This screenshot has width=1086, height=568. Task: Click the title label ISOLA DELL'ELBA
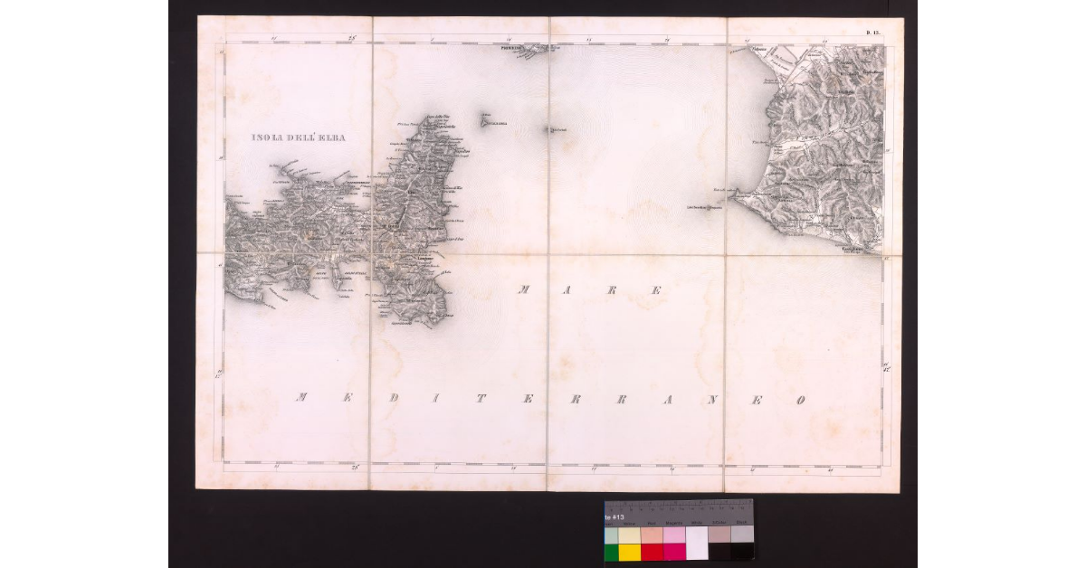(x=299, y=138)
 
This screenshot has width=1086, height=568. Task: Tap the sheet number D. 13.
(x=874, y=33)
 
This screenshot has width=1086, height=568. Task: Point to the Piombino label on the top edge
(x=517, y=48)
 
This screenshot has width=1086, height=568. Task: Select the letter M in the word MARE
(x=524, y=290)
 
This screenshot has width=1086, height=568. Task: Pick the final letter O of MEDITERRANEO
(x=799, y=400)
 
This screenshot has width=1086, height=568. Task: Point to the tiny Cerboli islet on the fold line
(x=548, y=130)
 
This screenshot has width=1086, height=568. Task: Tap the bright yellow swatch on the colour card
(x=629, y=552)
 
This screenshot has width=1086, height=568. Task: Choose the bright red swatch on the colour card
(x=652, y=552)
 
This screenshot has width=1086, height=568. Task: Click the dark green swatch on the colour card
(x=611, y=552)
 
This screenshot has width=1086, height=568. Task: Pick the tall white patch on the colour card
(x=697, y=543)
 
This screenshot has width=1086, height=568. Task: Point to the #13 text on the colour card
(x=612, y=516)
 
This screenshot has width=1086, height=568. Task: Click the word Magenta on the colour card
(x=674, y=523)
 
